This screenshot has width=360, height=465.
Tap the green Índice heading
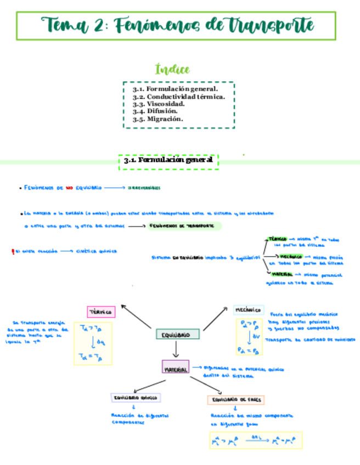[172, 70]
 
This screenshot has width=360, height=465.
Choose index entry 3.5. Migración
[159, 118]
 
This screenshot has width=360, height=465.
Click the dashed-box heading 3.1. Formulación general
[169, 161]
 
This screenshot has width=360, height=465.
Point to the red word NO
[69, 188]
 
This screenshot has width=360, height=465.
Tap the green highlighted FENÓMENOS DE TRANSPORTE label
[183, 226]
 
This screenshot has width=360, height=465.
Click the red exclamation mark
[12, 251]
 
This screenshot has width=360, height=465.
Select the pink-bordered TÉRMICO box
[100, 312]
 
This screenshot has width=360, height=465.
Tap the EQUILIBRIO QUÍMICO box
[135, 398]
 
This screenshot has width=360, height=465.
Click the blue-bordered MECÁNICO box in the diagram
[249, 310]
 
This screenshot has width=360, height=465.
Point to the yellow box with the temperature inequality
[93, 344]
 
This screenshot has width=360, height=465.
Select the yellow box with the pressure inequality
[249, 337]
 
